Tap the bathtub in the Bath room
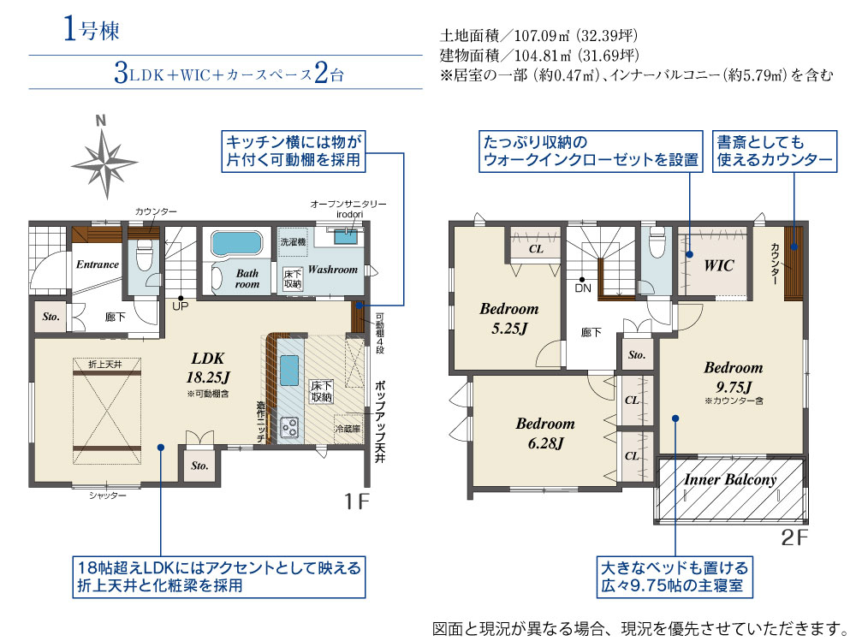(x=237, y=243)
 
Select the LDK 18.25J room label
(x=208, y=367)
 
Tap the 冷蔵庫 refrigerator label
(x=348, y=429)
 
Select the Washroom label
(x=333, y=270)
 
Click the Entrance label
(x=98, y=264)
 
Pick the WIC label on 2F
(x=718, y=266)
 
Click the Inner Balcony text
(x=730, y=480)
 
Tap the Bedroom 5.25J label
(x=508, y=318)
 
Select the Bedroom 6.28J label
(x=544, y=433)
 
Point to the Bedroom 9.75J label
(x=734, y=377)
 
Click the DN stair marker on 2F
(x=583, y=288)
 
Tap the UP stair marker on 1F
(x=180, y=306)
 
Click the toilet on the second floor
(x=657, y=242)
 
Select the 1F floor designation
(x=357, y=501)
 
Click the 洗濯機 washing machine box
(x=293, y=242)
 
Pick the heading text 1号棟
(x=92, y=29)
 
